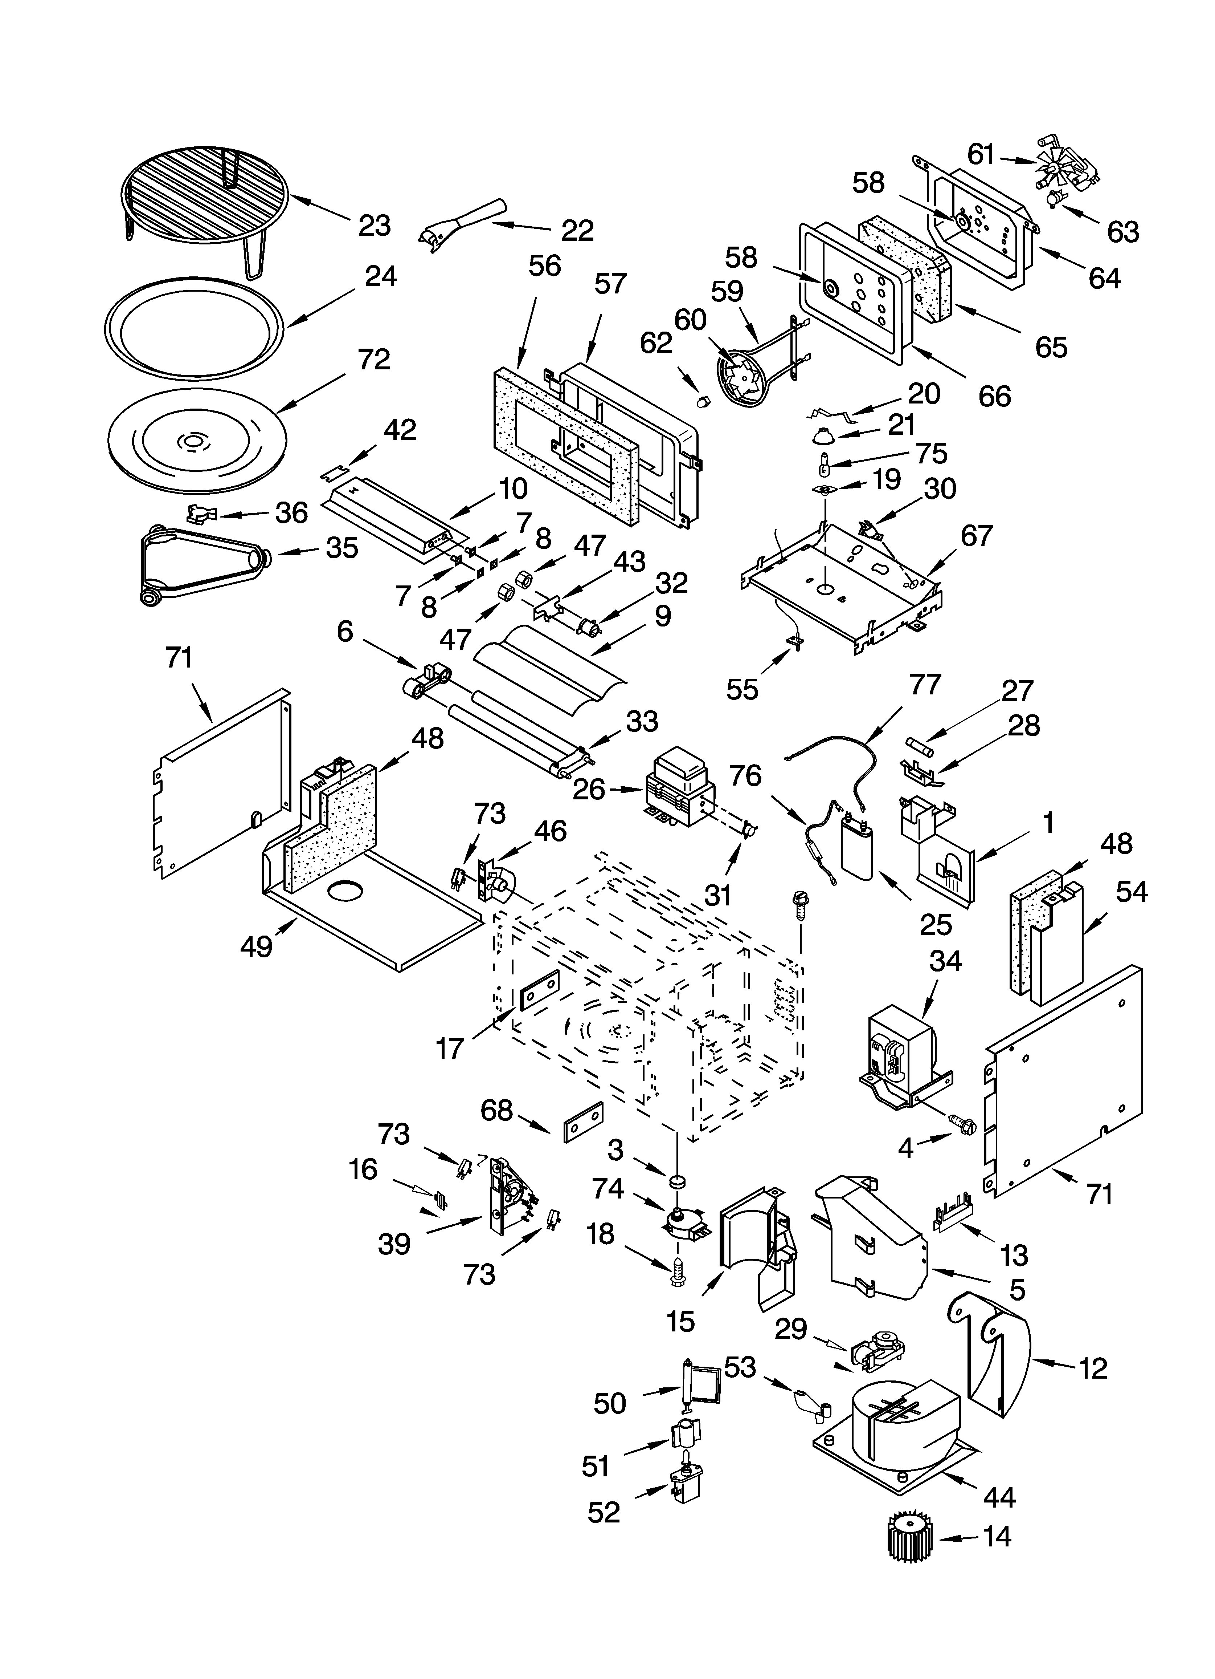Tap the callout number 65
(1051, 346)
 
